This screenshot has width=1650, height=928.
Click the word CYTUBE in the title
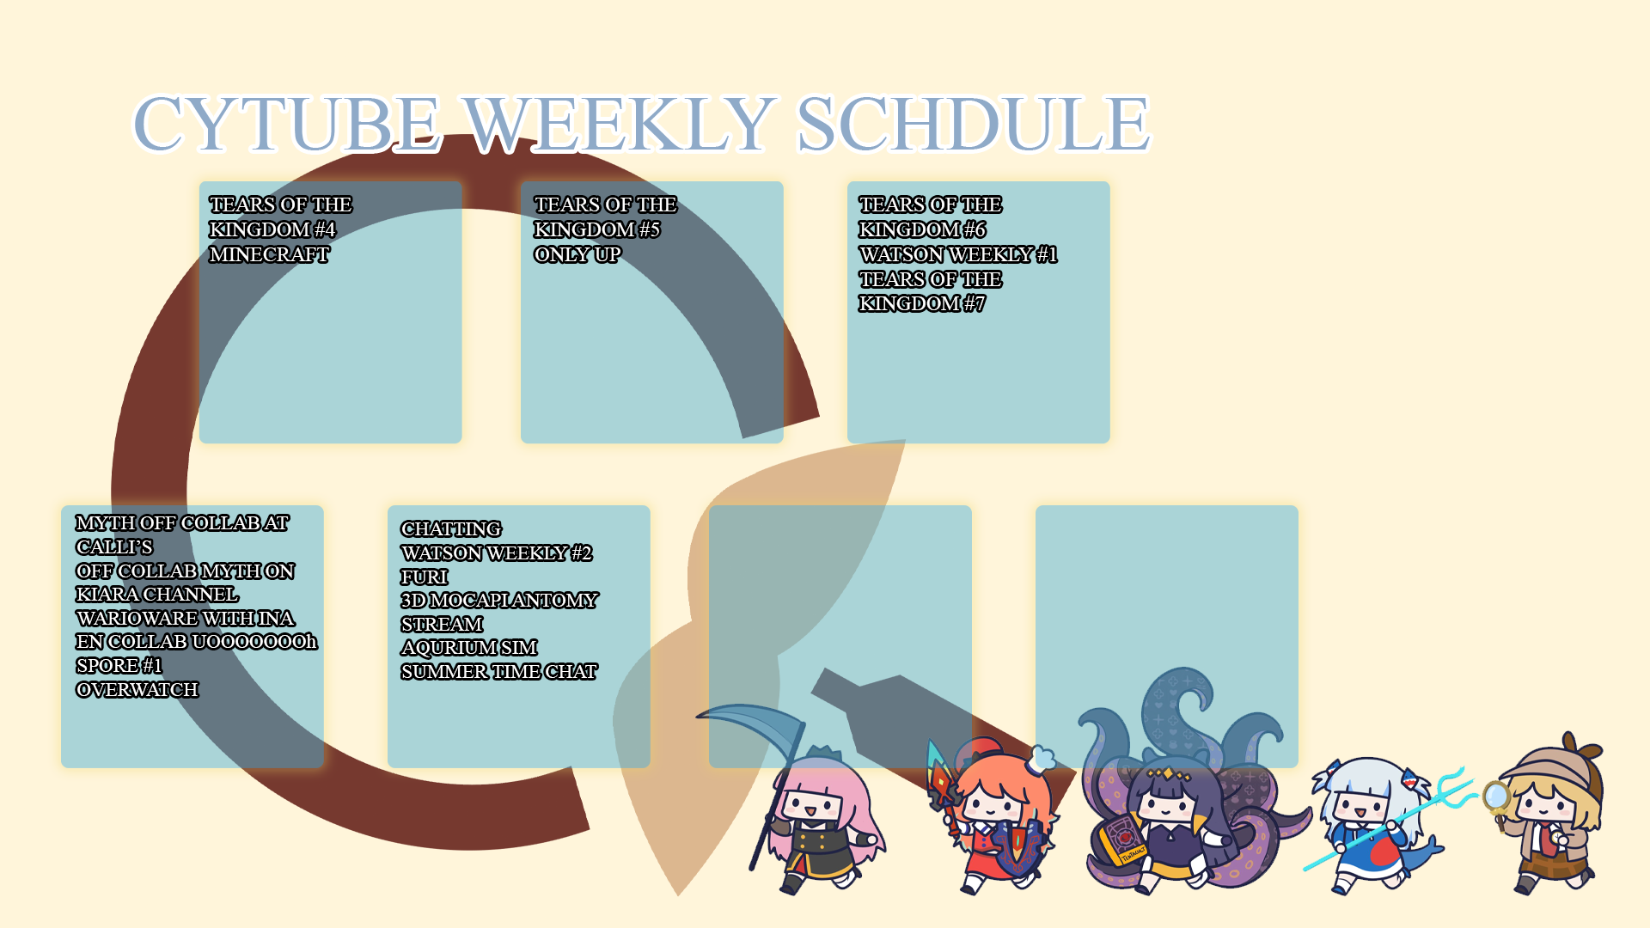[287, 124]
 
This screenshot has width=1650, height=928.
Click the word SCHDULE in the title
[973, 124]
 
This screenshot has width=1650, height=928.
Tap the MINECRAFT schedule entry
[269, 254]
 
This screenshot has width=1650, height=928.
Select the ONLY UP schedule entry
[577, 254]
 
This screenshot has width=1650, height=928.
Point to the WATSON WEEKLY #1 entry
[958, 254]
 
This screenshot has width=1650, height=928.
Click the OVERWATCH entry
[137, 690]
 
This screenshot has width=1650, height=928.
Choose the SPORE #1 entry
[119, 666]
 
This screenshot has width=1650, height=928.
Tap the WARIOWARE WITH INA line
[185, 619]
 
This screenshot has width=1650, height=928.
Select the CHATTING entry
[451, 529]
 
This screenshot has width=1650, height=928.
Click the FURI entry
[425, 577]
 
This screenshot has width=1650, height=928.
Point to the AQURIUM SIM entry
[469, 648]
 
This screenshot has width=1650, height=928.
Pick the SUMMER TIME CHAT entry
[499, 672]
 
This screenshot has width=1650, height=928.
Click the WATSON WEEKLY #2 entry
[497, 553]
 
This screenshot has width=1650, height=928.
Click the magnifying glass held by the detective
[1497, 799]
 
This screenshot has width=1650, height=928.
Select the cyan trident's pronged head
[1452, 787]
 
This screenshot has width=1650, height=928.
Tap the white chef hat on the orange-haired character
[1041, 759]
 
